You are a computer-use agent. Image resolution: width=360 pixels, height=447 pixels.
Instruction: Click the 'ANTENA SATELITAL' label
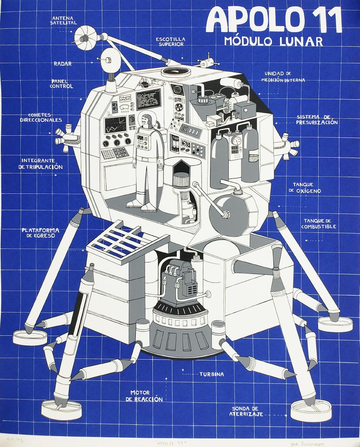[63, 20]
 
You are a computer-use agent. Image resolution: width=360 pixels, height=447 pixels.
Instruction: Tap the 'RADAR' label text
[63, 63]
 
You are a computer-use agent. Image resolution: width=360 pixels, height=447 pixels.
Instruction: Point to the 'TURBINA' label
[211, 374]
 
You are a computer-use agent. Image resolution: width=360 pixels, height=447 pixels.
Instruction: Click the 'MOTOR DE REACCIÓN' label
[146, 396]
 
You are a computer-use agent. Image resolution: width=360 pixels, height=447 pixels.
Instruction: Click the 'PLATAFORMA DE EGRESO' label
[40, 233]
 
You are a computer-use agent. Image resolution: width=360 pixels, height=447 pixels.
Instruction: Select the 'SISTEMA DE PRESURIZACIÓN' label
[317, 119]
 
